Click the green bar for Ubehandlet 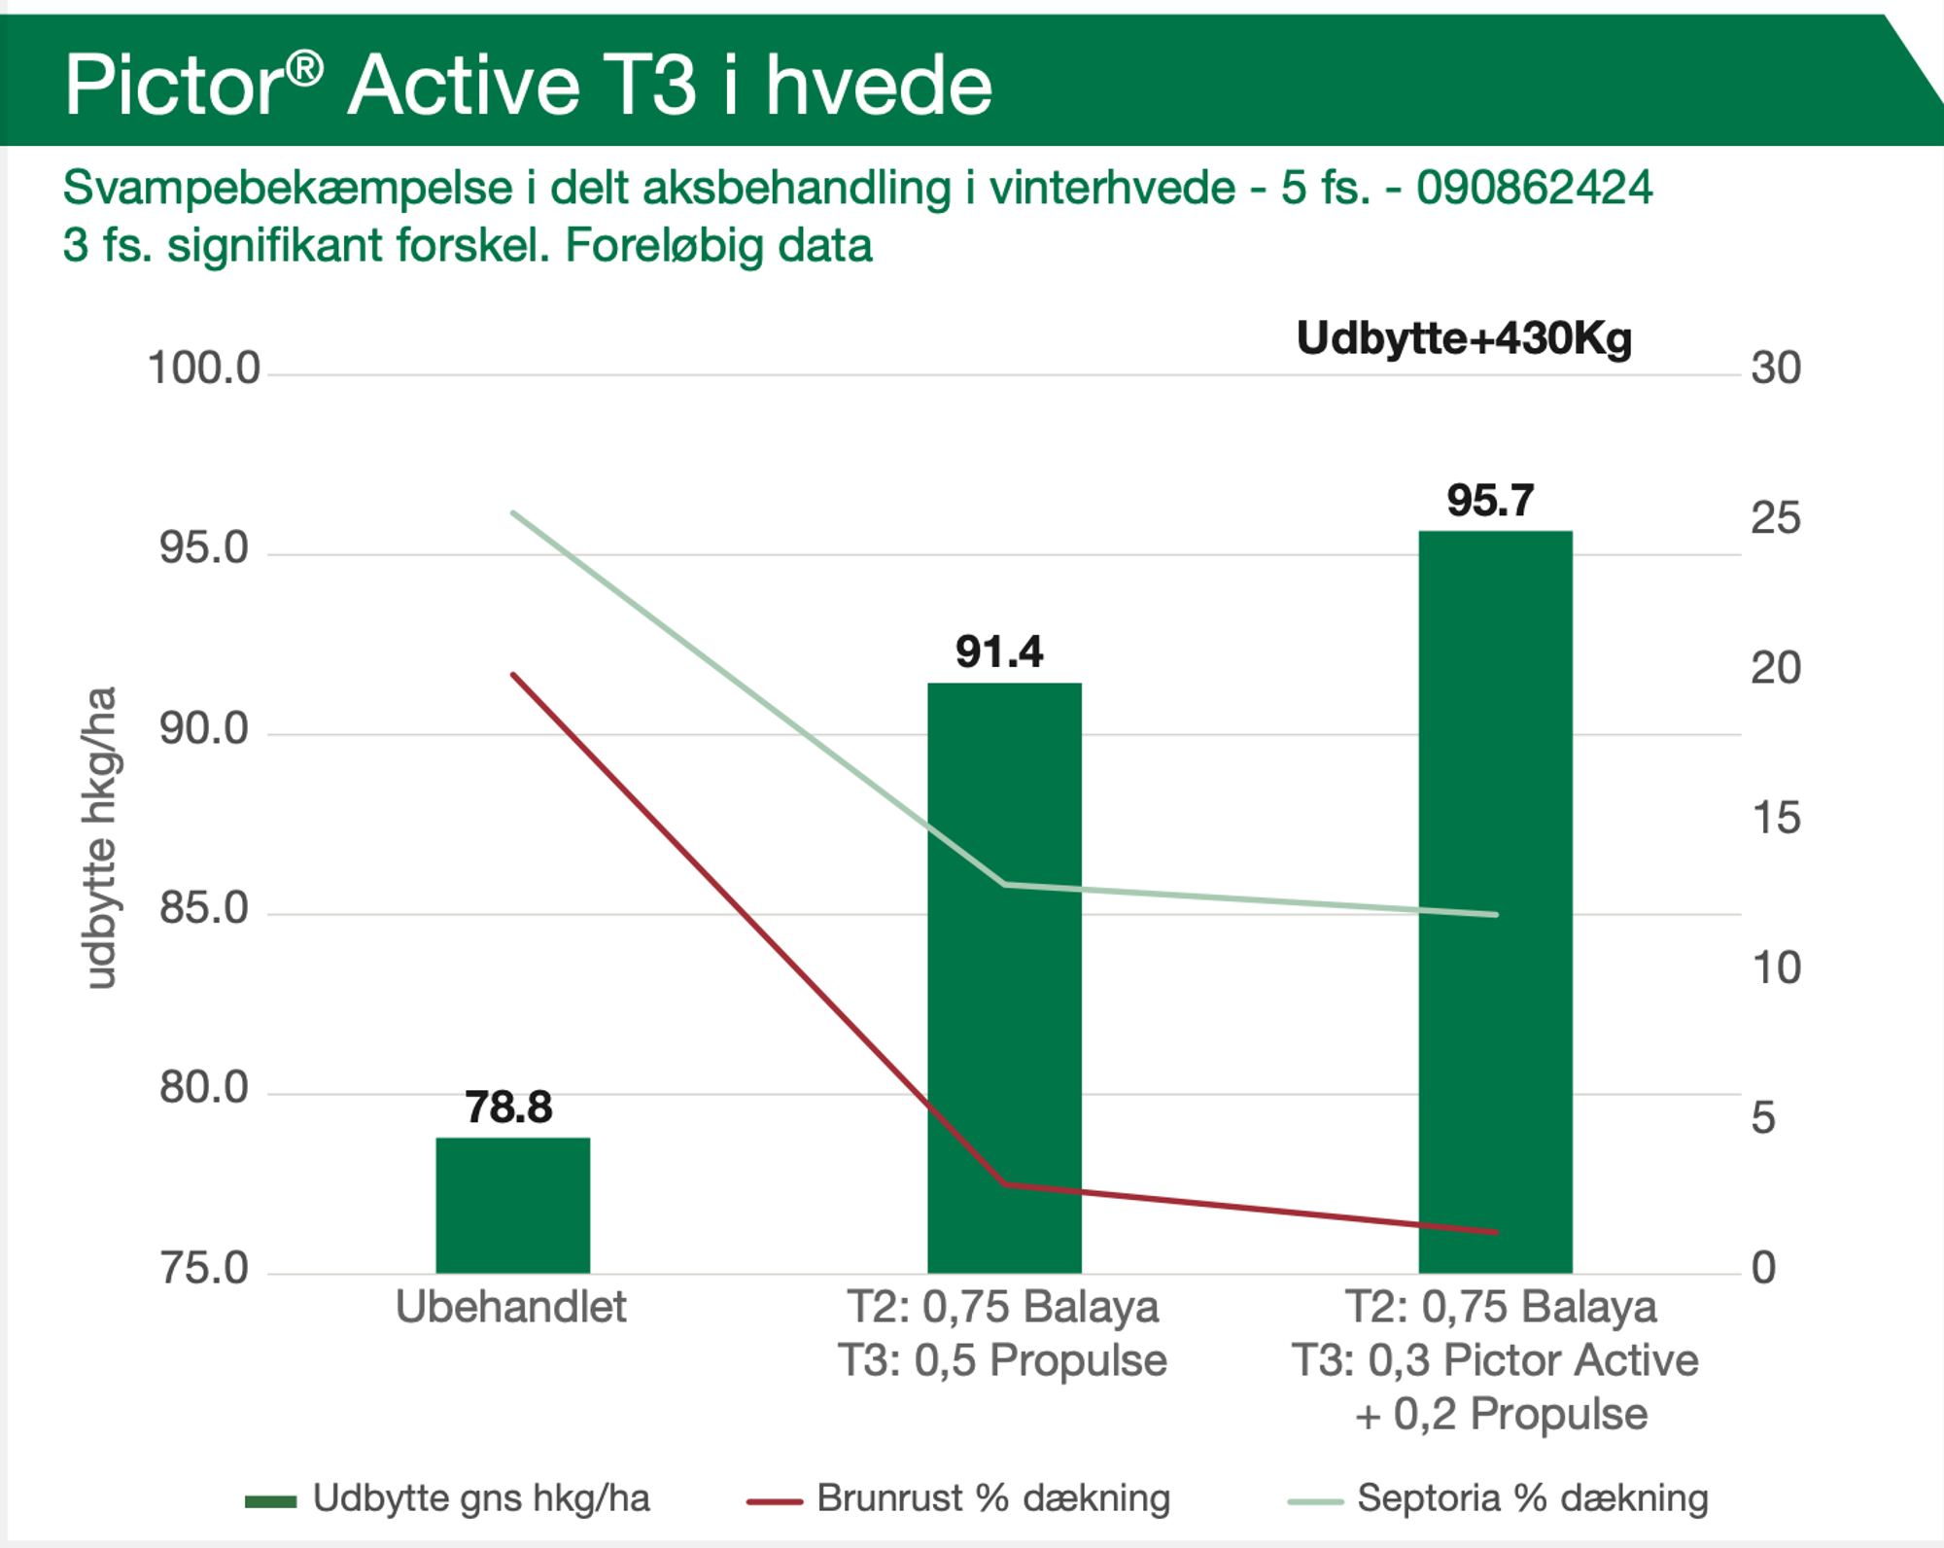512,1205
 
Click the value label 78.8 508,1107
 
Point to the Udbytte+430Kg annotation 1464,338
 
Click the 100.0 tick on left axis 204,369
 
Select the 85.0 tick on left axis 204,908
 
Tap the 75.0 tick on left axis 204,1268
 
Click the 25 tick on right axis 1775,518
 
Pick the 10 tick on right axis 1775,968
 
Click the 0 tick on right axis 1763,1268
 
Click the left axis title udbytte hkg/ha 100,838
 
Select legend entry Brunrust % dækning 992,1498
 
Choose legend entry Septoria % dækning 1532,1498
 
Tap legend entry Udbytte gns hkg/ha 480,1498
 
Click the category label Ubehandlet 511,1307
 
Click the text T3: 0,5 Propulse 1002,1360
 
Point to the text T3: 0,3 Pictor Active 1495,1360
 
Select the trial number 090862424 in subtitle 1534,188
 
